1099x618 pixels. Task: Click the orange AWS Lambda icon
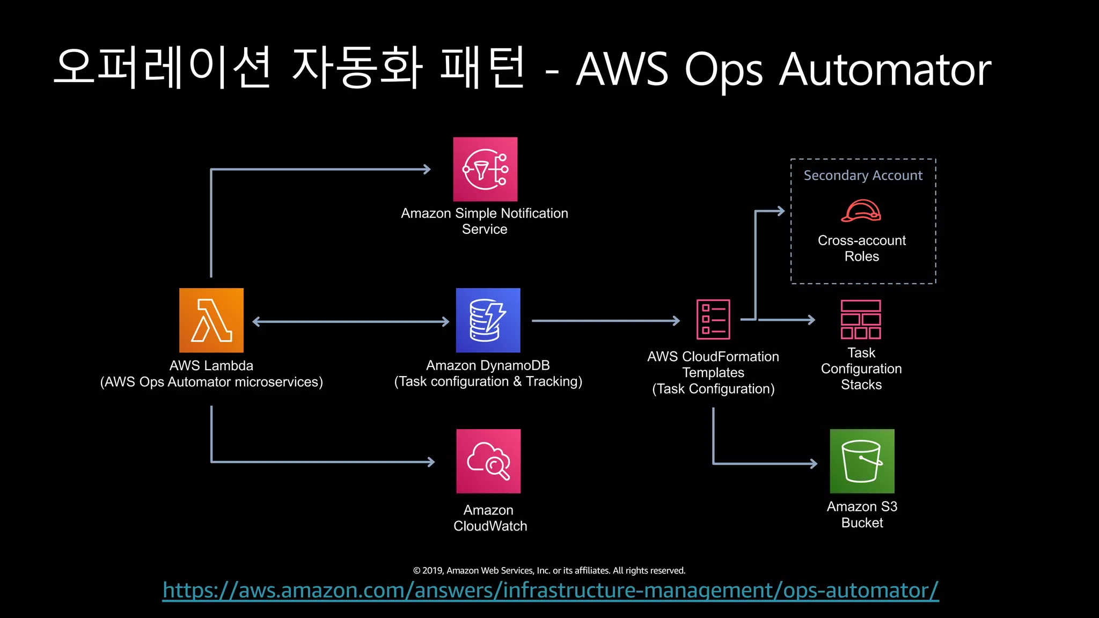click(211, 320)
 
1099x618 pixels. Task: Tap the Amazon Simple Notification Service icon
click(485, 169)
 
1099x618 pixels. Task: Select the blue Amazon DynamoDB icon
click(488, 320)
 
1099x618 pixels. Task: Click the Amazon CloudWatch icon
click(488, 461)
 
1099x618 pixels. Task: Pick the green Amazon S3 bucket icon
click(862, 461)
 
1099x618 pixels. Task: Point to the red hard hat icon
click(861, 211)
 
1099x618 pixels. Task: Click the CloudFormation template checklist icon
click(713, 319)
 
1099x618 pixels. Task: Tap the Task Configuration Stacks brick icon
click(861, 319)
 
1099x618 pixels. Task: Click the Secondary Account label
click(863, 175)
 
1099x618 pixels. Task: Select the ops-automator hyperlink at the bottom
click(551, 590)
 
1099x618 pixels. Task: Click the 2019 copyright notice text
click(549, 570)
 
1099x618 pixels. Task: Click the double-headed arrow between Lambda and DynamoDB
click(350, 321)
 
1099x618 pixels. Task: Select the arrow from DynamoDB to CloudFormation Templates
click(605, 321)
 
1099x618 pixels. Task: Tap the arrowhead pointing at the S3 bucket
click(814, 464)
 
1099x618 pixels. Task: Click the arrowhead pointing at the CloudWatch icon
click(431, 461)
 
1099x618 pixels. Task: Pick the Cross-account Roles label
click(861, 248)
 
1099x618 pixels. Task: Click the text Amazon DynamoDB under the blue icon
click(488, 365)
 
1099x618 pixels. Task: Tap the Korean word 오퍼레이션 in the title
click(164, 68)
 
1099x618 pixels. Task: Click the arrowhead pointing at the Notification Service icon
click(427, 170)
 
